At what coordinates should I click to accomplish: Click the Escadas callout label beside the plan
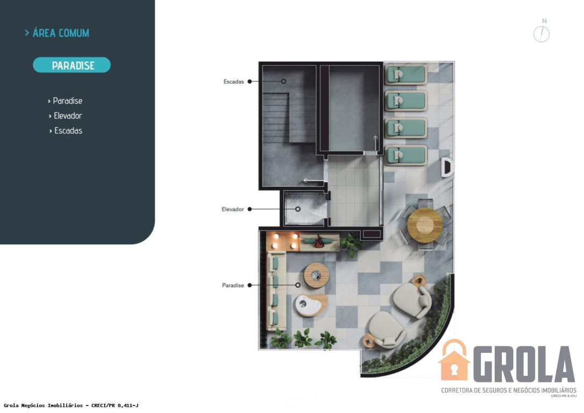point(234,82)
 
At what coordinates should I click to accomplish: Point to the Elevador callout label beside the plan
point(233,210)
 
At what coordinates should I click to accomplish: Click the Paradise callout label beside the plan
point(233,286)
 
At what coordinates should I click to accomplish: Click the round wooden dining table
point(425,225)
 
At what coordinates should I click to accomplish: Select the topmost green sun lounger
point(406,75)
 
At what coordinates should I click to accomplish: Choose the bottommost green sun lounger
point(406,155)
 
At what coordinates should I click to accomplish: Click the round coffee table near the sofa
point(316,275)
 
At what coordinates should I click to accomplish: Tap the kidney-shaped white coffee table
point(311,304)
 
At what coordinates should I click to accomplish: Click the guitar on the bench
point(319,242)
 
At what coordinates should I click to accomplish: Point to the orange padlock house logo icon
point(453,360)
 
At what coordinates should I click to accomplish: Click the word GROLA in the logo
point(524,364)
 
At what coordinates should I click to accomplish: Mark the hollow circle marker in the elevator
point(298,210)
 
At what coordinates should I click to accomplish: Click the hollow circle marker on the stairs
point(284,81)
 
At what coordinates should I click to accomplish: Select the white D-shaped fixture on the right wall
point(446,167)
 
